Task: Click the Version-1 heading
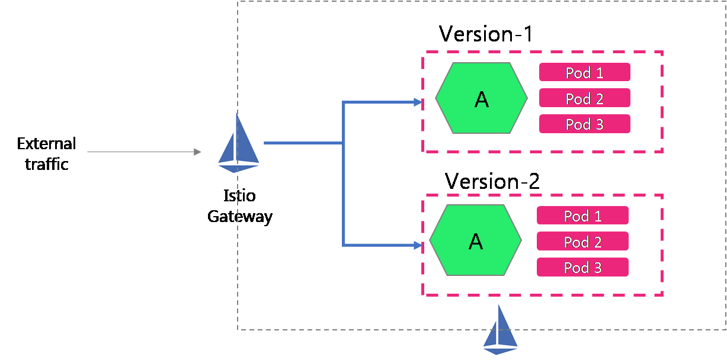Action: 486,34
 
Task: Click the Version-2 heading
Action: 492,181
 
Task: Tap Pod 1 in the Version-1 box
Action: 584,72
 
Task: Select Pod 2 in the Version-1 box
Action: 584,98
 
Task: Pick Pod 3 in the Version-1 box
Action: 584,124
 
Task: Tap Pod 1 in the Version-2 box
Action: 582,216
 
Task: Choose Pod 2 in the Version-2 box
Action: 582,242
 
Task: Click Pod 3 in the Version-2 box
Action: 582,267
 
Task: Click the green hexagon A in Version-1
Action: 481,98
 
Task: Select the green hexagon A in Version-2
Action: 475,240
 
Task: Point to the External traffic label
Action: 46,153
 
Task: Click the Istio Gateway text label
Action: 239,205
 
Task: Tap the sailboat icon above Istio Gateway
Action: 239,142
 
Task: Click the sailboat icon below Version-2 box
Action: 501,329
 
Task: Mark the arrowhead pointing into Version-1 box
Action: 418,102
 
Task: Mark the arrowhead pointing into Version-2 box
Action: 418,245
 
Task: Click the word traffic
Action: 46,164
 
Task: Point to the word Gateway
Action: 239,216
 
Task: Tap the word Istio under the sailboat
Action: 239,195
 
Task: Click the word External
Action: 46,144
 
